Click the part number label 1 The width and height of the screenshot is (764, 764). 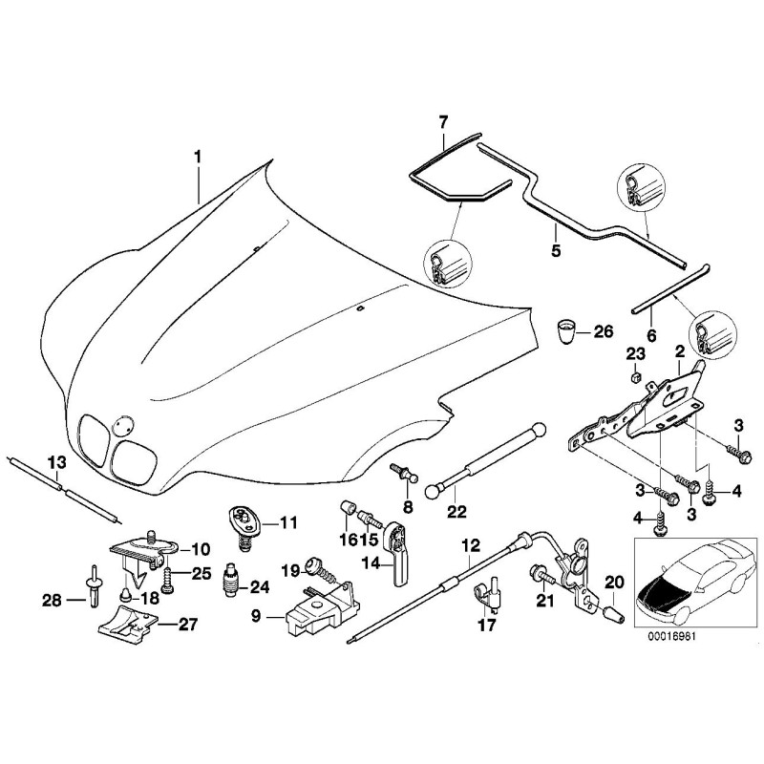(198, 155)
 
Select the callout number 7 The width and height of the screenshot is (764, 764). (442, 121)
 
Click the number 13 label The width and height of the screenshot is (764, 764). (57, 464)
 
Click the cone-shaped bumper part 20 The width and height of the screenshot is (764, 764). (611, 612)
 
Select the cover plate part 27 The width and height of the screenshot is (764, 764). (128, 631)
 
